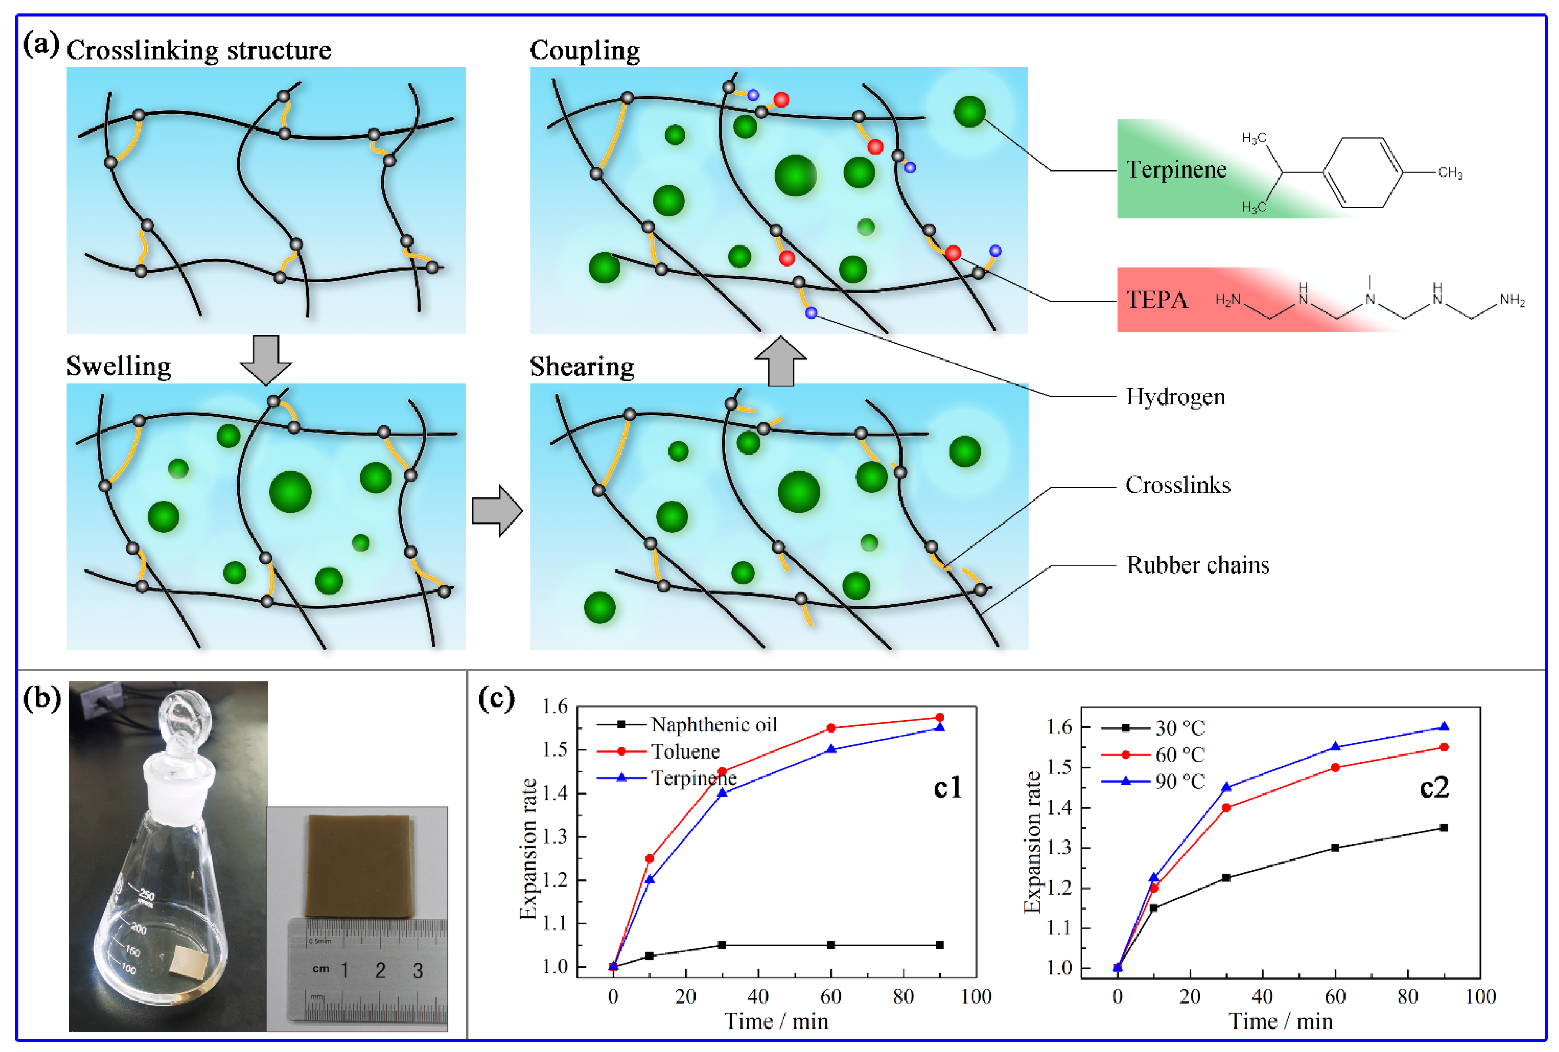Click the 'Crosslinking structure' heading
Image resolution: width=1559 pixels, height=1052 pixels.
pyautogui.click(x=199, y=50)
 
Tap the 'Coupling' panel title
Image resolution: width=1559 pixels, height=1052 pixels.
pyautogui.click(x=584, y=50)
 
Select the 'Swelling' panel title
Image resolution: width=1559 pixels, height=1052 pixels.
pyautogui.click(x=119, y=366)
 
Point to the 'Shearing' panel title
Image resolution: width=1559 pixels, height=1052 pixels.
pyautogui.click(x=582, y=367)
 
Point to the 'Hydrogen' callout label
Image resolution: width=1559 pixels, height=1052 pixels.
pyautogui.click(x=1175, y=397)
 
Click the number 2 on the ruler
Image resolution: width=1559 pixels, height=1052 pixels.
pyautogui.click(x=380, y=970)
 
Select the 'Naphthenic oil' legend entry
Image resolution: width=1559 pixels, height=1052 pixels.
pyautogui.click(x=713, y=725)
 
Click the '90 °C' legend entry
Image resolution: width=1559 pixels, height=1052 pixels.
pyautogui.click(x=1179, y=781)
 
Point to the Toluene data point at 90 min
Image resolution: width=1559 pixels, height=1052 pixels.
pyautogui.click(x=939, y=717)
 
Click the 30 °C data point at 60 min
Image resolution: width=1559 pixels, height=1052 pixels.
pyautogui.click(x=1335, y=847)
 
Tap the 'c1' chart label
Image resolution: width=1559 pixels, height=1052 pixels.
pyautogui.click(x=947, y=787)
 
